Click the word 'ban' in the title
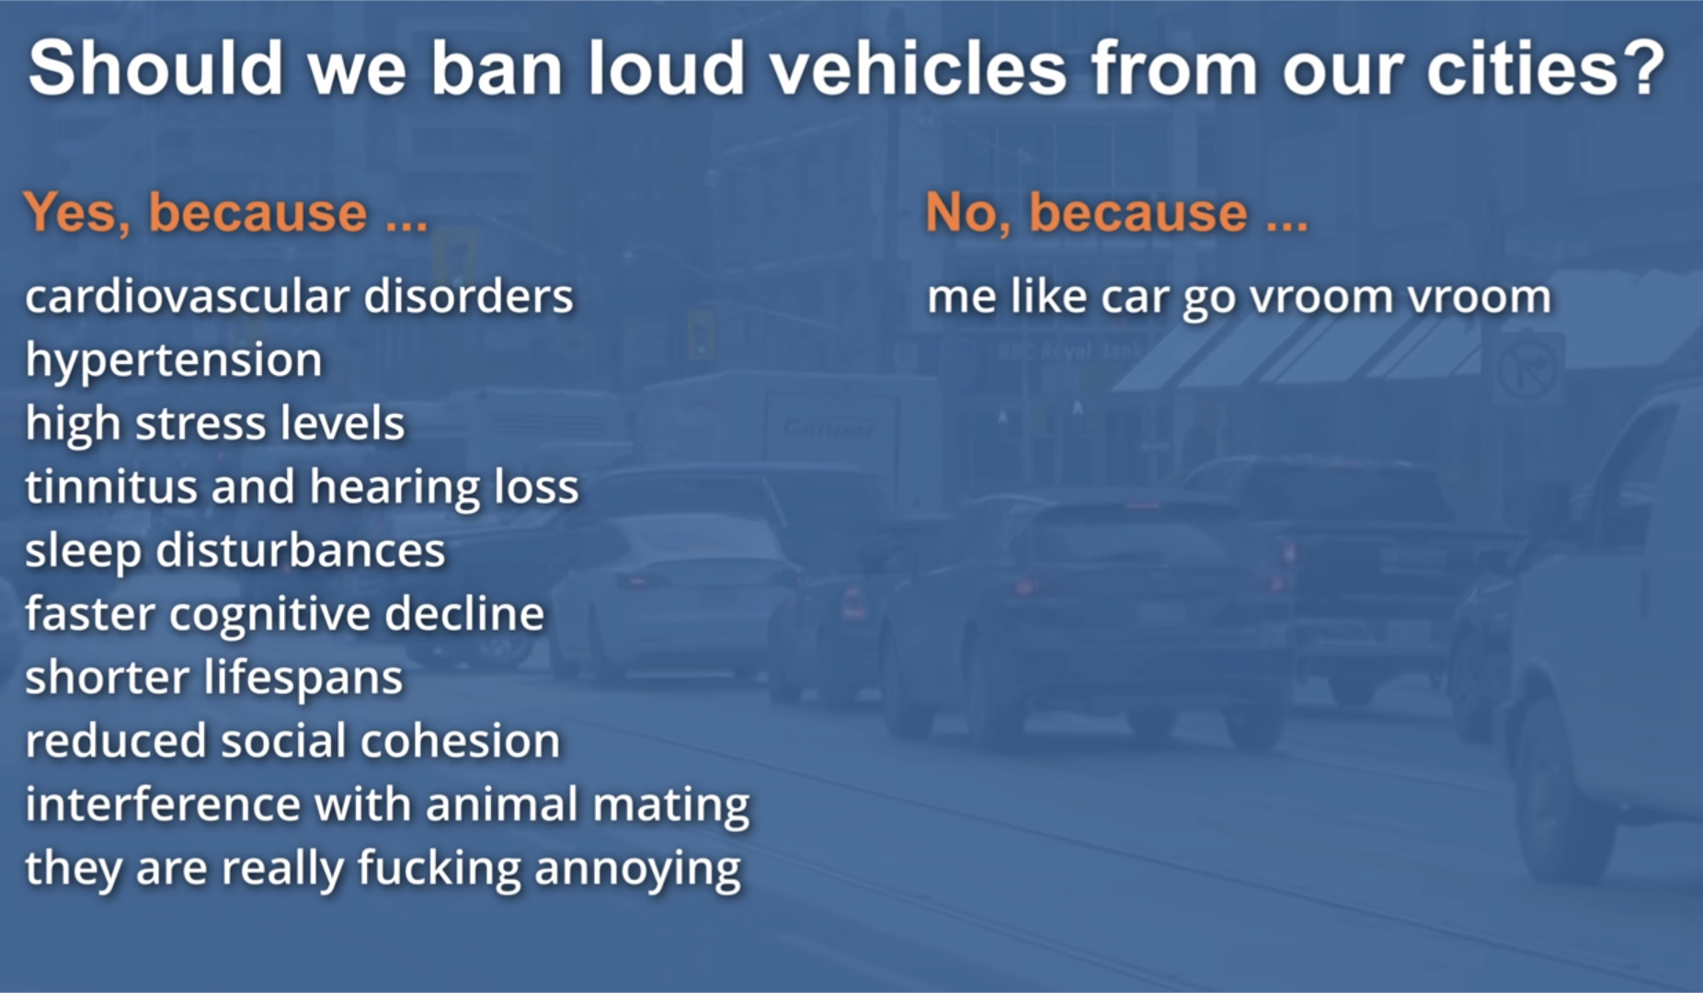(x=497, y=68)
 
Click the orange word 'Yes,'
(x=76, y=213)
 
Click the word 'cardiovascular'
(x=188, y=297)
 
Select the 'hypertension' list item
(x=174, y=361)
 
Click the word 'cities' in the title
(x=1522, y=68)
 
